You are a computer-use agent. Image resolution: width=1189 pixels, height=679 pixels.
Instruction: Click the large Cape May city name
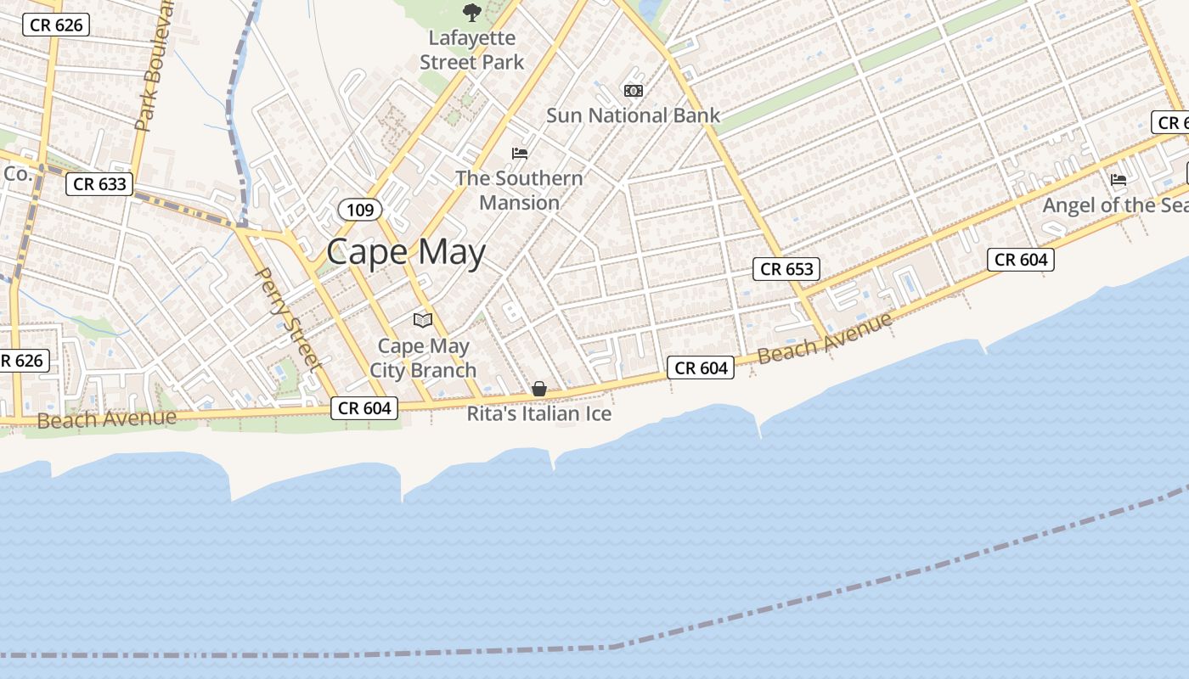pos(406,252)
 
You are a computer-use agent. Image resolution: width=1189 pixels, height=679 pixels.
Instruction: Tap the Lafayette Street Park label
pos(472,50)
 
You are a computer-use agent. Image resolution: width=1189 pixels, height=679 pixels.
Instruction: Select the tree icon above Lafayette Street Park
pos(471,13)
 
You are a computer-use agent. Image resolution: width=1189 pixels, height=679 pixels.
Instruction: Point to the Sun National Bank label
pos(633,115)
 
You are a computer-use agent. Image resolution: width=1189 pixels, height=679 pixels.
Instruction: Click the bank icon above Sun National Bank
pos(634,91)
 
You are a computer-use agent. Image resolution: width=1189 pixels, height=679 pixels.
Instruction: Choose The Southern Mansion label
pos(519,190)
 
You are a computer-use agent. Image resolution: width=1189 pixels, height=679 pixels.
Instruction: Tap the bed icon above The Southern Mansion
pos(520,154)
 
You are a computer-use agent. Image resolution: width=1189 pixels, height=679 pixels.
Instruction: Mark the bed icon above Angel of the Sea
pos(1119,180)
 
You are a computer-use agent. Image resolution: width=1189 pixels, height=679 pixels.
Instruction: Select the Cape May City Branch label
pos(423,358)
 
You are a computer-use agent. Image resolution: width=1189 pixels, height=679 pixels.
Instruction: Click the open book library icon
pos(423,320)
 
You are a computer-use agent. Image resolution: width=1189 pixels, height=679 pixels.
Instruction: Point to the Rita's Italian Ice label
pos(539,414)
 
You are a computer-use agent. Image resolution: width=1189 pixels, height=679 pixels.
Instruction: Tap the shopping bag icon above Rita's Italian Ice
pos(539,389)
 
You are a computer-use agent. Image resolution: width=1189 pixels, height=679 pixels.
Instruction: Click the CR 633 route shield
pos(99,184)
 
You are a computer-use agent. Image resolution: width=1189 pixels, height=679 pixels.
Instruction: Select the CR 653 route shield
pos(787,269)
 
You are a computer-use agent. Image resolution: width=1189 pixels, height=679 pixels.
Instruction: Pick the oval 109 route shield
pos(360,210)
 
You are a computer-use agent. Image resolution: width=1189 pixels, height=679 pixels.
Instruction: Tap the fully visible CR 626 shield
pos(56,25)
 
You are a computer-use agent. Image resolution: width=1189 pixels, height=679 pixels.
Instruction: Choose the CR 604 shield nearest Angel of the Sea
pos(1021,260)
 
